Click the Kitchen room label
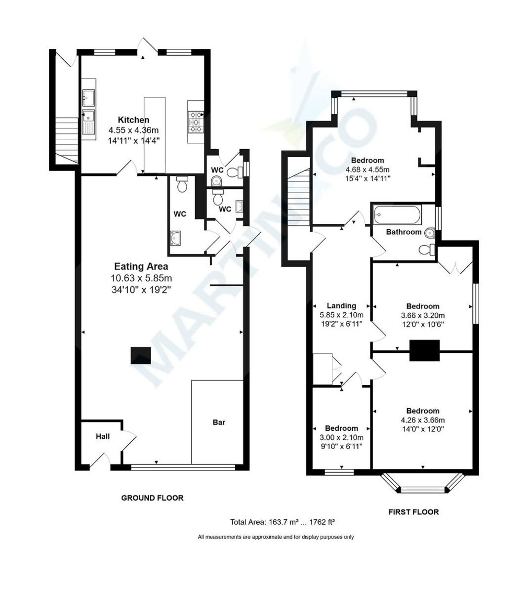pos(133,120)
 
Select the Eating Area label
pos(141,266)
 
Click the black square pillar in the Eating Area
pos(141,355)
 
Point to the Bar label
pos(219,422)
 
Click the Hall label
pos(103,436)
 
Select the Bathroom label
pos(404,232)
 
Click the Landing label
pos(341,305)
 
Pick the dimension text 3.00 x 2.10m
pos(341,437)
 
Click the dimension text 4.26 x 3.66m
pos(423,420)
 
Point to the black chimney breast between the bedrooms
pos(424,351)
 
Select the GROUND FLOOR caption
pos(152,498)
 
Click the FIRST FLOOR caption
pos(413,511)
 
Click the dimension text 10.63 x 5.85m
pos(141,278)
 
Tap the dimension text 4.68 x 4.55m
pos(367,169)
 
